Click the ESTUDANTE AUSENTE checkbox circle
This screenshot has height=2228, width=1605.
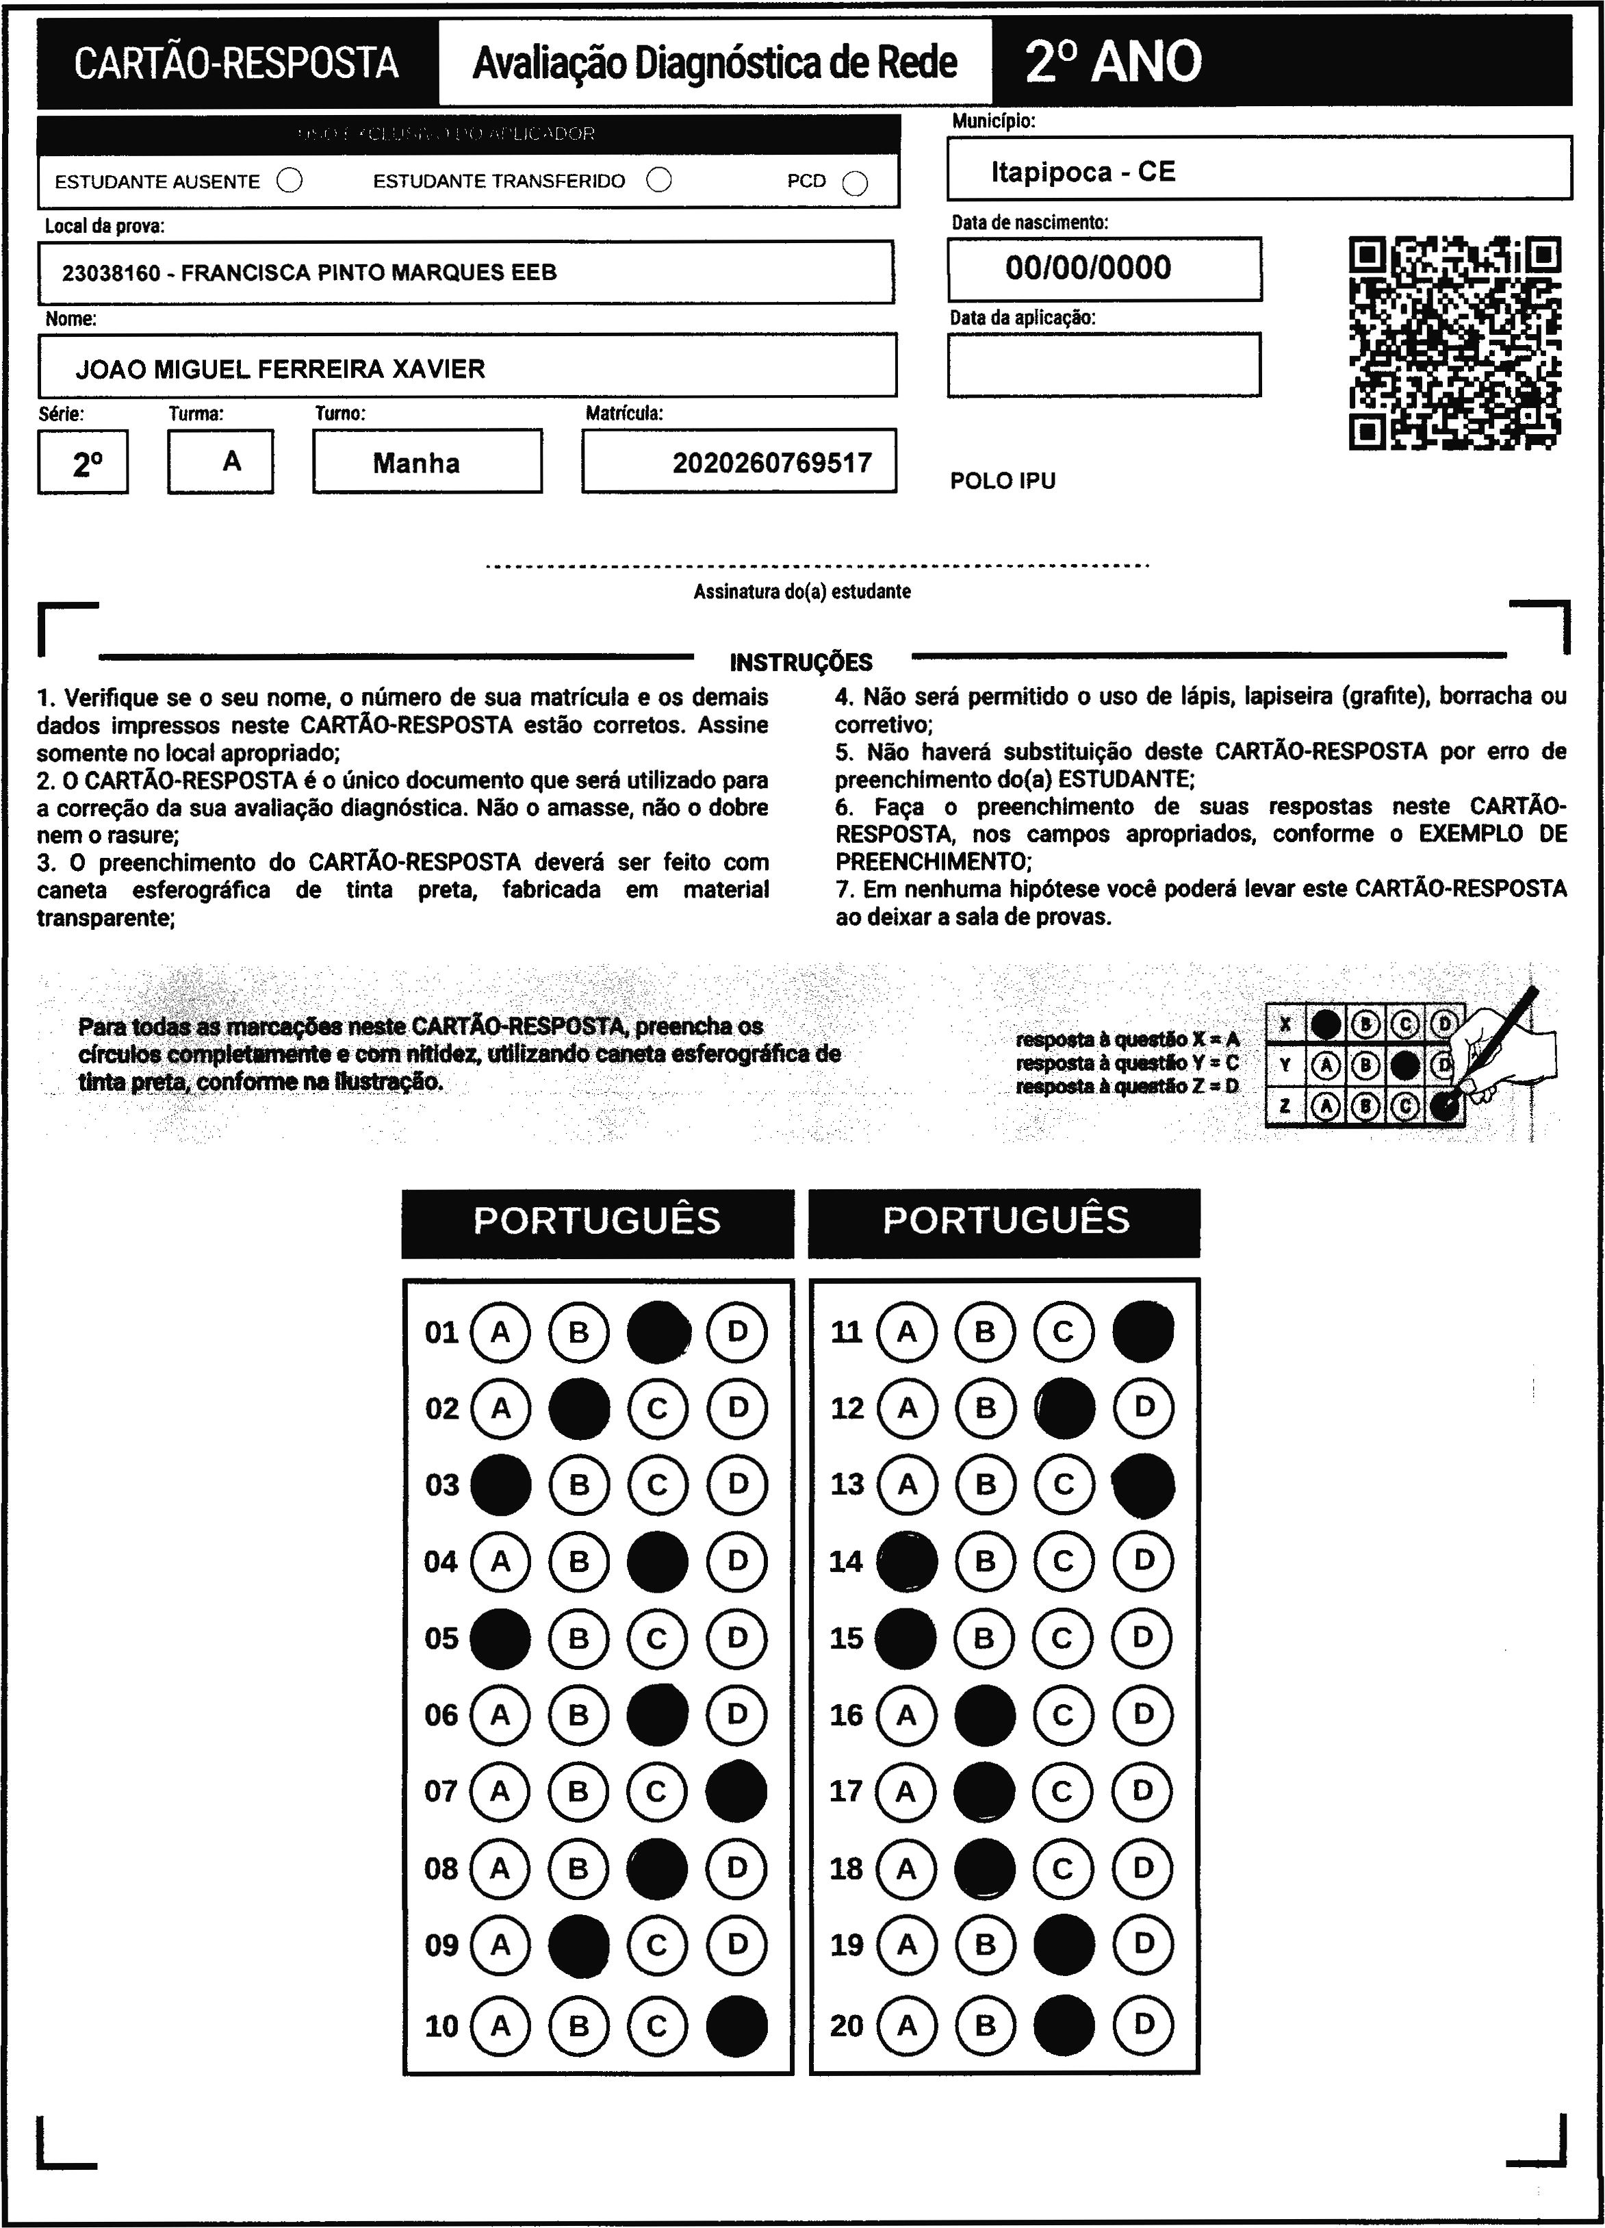click(x=290, y=181)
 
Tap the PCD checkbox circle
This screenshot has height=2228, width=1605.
click(x=856, y=183)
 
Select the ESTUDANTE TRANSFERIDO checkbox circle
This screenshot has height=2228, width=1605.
click(x=659, y=180)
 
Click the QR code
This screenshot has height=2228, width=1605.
click(x=1454, y=343)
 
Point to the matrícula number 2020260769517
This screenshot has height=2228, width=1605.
click(x=772, y=463)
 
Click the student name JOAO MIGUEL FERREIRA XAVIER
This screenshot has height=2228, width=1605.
click(x=280, y=369)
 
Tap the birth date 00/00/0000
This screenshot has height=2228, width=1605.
click(x=1088, y=268)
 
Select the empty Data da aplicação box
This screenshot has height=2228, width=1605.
click(x=1103, y=364)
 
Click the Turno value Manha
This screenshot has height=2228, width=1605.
click(x=416, y=463)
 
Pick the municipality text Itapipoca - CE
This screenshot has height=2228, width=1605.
click(x=1083, y=172)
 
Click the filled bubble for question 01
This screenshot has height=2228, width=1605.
click(x=658, y=1332)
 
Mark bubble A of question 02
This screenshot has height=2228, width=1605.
click(x=501, y=1408)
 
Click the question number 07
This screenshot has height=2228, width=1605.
click(x=441, y=1791)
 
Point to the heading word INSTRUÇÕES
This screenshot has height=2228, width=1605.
click(x=801, y=662)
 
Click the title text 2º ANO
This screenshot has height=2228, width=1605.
click(x=1113, y=62)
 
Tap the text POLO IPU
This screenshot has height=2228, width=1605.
click(x=1003, y=481)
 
